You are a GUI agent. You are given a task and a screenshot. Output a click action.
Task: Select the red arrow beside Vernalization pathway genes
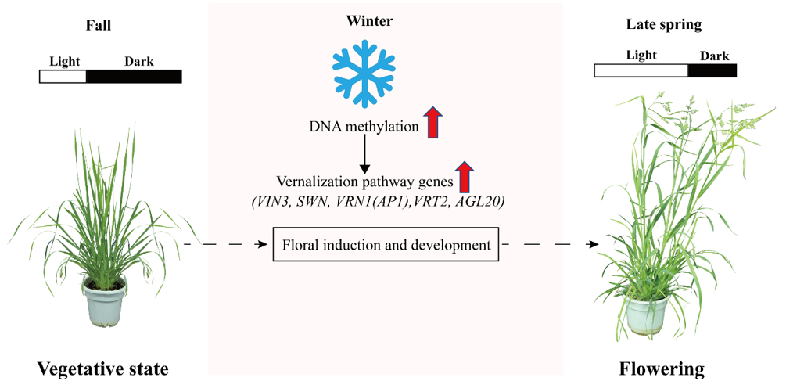click(x=465, y=178)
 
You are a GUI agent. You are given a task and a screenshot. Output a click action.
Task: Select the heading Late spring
click(x=664, y=25)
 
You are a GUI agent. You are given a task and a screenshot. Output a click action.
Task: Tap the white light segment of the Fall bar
click(x=63, y=76)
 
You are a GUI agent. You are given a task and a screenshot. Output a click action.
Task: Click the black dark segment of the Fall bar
click(x=134, y=76)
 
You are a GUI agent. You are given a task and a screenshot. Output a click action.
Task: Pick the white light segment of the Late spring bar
click(x=641, y=70)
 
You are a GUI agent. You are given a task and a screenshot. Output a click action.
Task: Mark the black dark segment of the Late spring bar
click(x=712, y=70)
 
